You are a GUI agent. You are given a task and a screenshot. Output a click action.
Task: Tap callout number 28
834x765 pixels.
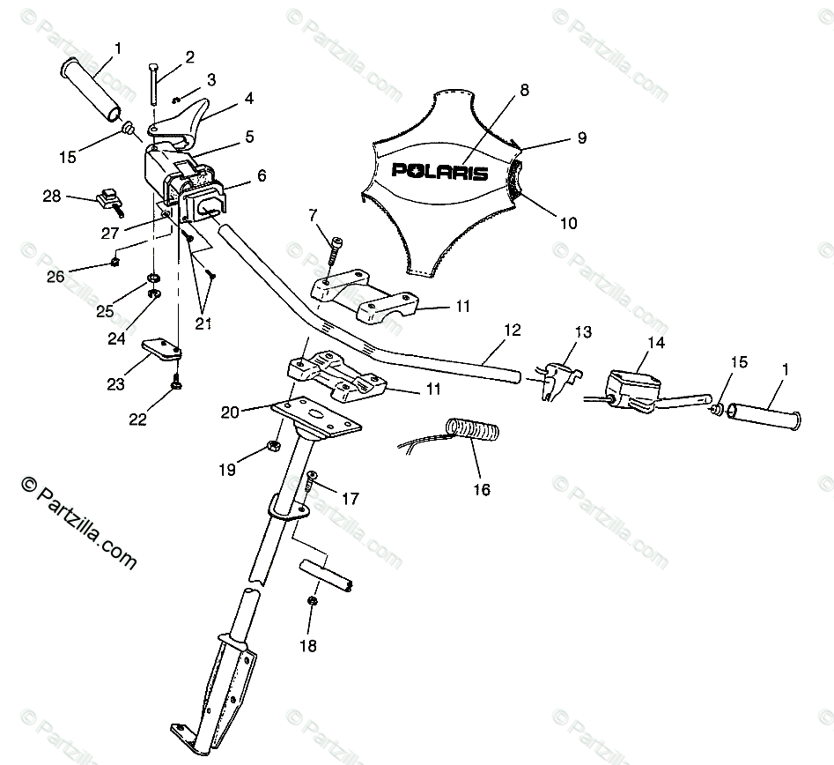(x=52, y=196)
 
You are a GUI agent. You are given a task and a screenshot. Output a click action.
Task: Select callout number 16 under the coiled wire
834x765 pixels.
(x=481, y=489)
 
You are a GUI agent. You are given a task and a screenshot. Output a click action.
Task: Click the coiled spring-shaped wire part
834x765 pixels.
(x=473, y=429)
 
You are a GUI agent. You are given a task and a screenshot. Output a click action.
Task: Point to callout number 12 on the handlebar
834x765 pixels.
(x=512, y=331)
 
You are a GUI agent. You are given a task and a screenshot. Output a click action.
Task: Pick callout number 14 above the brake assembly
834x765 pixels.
(x=656, y=341)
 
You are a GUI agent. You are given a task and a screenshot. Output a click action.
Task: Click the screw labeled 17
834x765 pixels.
(x=311, y=482)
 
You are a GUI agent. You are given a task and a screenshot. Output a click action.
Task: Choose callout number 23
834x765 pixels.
(x=116, y=384)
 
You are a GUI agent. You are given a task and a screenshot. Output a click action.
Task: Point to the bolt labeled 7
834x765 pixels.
(x=333, y=251)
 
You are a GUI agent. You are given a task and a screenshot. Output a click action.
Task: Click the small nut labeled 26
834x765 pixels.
(x=115, y=262)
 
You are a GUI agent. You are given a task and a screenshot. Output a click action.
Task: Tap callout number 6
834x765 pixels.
(x=262, y=176)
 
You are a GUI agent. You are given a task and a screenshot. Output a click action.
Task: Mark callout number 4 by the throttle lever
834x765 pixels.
(x=248, y=98)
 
